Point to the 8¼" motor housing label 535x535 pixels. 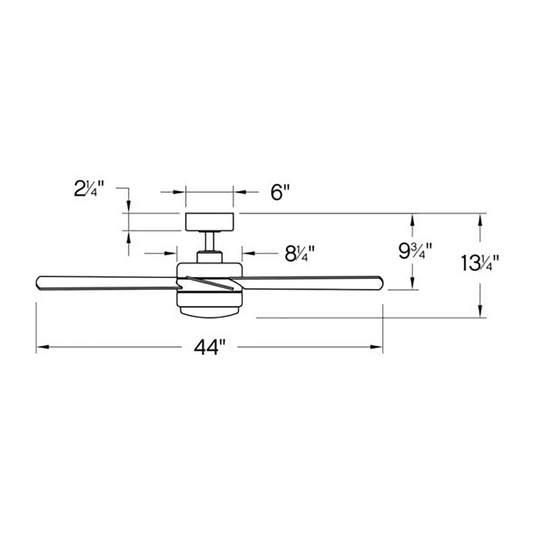[x=299, y=254]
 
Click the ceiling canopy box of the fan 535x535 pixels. [x=209, y=221]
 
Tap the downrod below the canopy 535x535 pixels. [x=209, y=241]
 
